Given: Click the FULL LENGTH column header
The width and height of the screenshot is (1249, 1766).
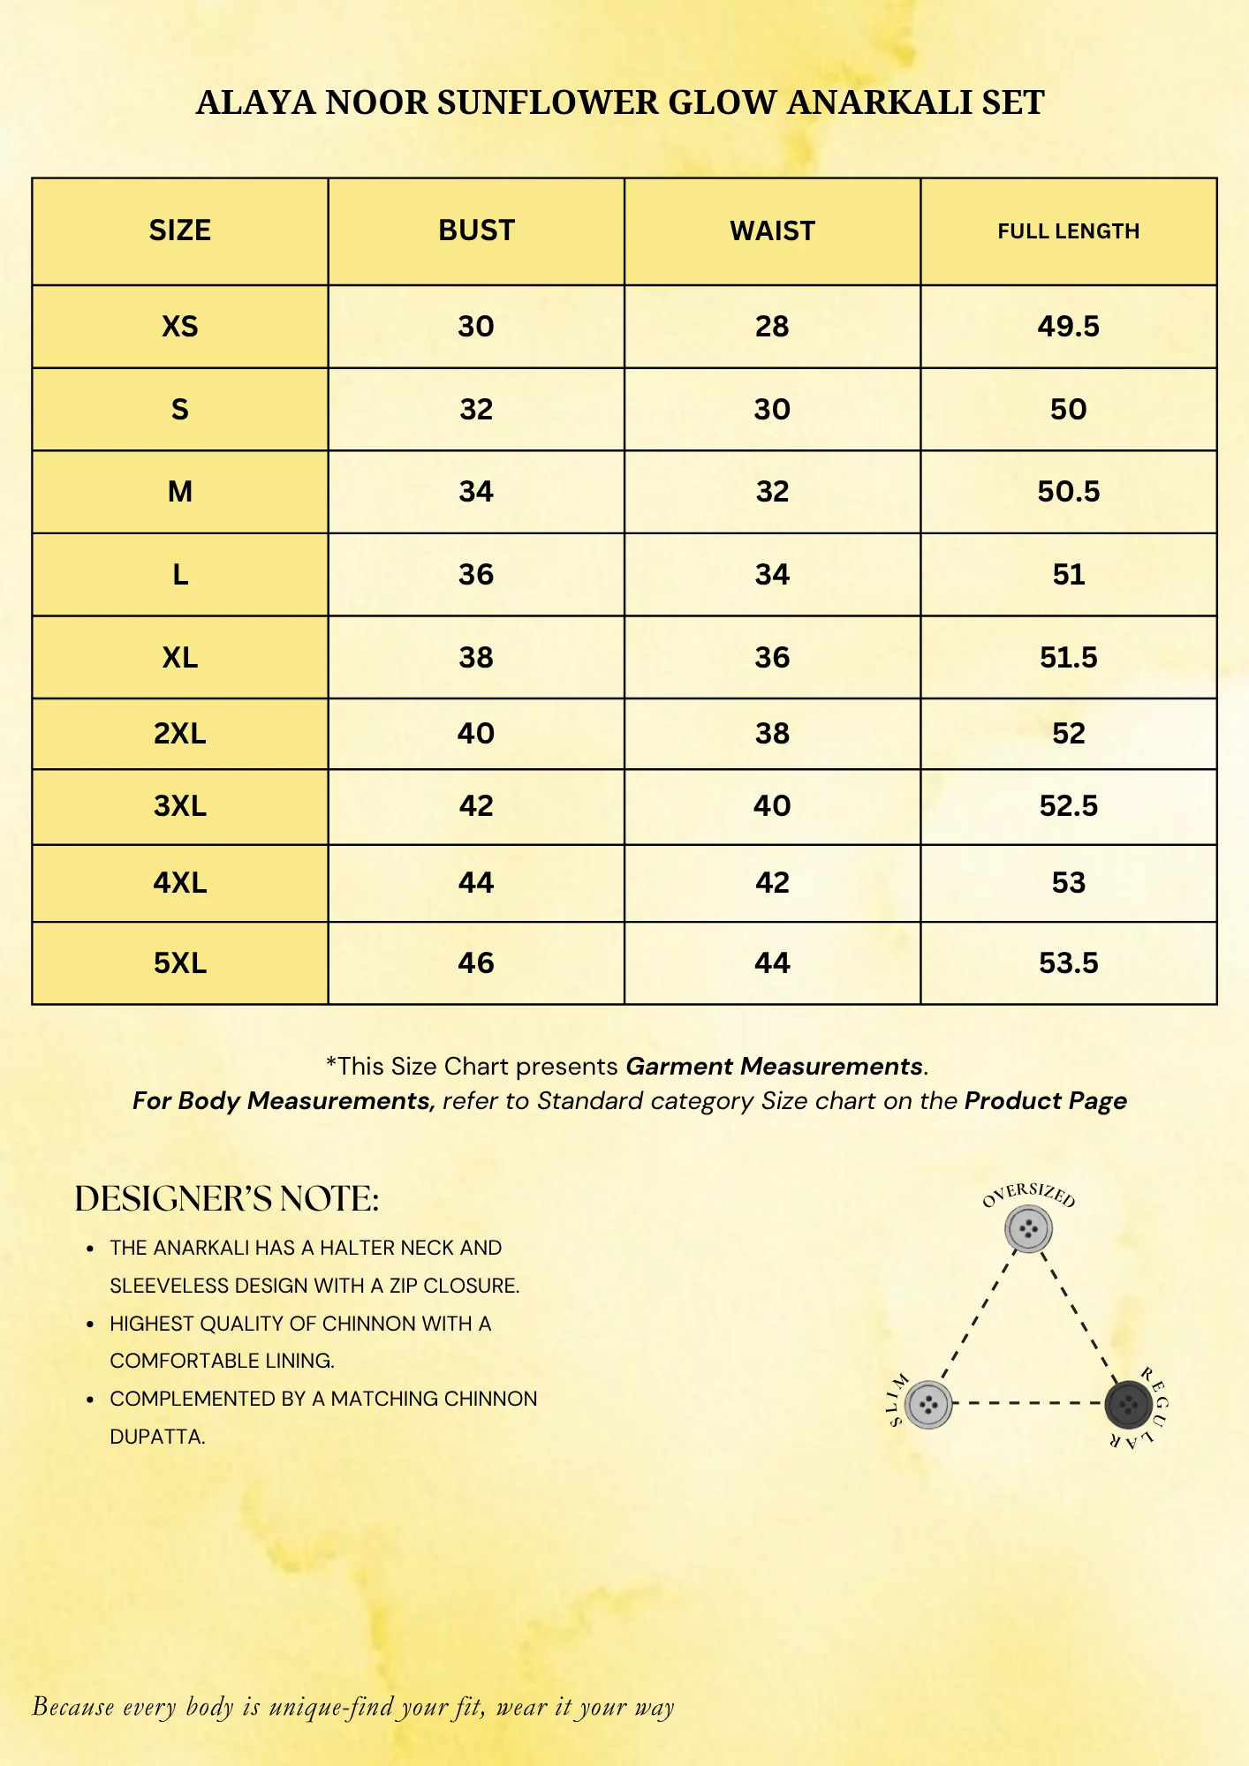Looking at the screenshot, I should coord(1068,231).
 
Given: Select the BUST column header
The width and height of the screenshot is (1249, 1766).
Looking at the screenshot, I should coord(476,230).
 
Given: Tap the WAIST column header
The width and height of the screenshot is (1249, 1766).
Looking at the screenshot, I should coord(772,231).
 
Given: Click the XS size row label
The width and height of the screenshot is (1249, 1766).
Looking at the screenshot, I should coord(180,327).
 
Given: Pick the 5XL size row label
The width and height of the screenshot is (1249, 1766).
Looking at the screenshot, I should coord(180,962).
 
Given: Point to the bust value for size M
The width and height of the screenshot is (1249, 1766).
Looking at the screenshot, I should coord(476,492).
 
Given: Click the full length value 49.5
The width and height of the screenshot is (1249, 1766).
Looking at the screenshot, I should coord(1068,327).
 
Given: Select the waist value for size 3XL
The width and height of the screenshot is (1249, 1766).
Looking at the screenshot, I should coord(772,806).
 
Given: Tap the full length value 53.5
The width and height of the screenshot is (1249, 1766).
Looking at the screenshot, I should coord(1068,962).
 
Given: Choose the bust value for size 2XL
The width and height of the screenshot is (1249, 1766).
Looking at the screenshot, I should coord(476,734).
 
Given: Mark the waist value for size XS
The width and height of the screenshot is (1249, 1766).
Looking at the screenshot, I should coord(772,327).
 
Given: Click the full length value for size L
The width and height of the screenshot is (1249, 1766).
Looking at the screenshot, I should coord(1068,575).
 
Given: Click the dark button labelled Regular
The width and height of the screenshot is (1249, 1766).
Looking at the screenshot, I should coord(1128,1403).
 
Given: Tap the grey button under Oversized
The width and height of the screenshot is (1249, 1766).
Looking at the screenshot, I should coord(1028,1228).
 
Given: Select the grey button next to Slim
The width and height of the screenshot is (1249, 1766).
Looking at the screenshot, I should coord(927,1404).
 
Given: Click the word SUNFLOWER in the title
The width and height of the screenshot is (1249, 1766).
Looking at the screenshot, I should coord(549,103).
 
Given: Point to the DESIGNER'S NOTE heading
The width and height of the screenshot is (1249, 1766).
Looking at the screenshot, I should coord(227,1199).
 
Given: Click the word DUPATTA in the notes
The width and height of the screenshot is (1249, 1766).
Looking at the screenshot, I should coord(157,1437).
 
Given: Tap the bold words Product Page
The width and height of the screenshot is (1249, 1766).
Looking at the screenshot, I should coord(1045,1101).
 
